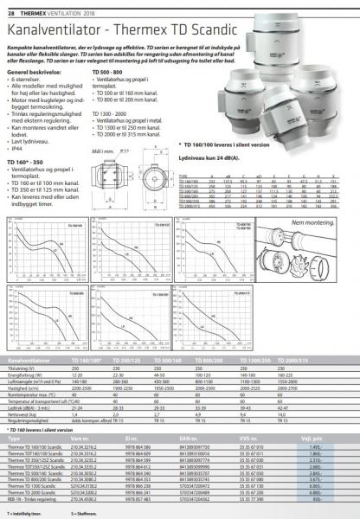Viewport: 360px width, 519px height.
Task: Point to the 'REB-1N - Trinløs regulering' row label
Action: tap(35, 500)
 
